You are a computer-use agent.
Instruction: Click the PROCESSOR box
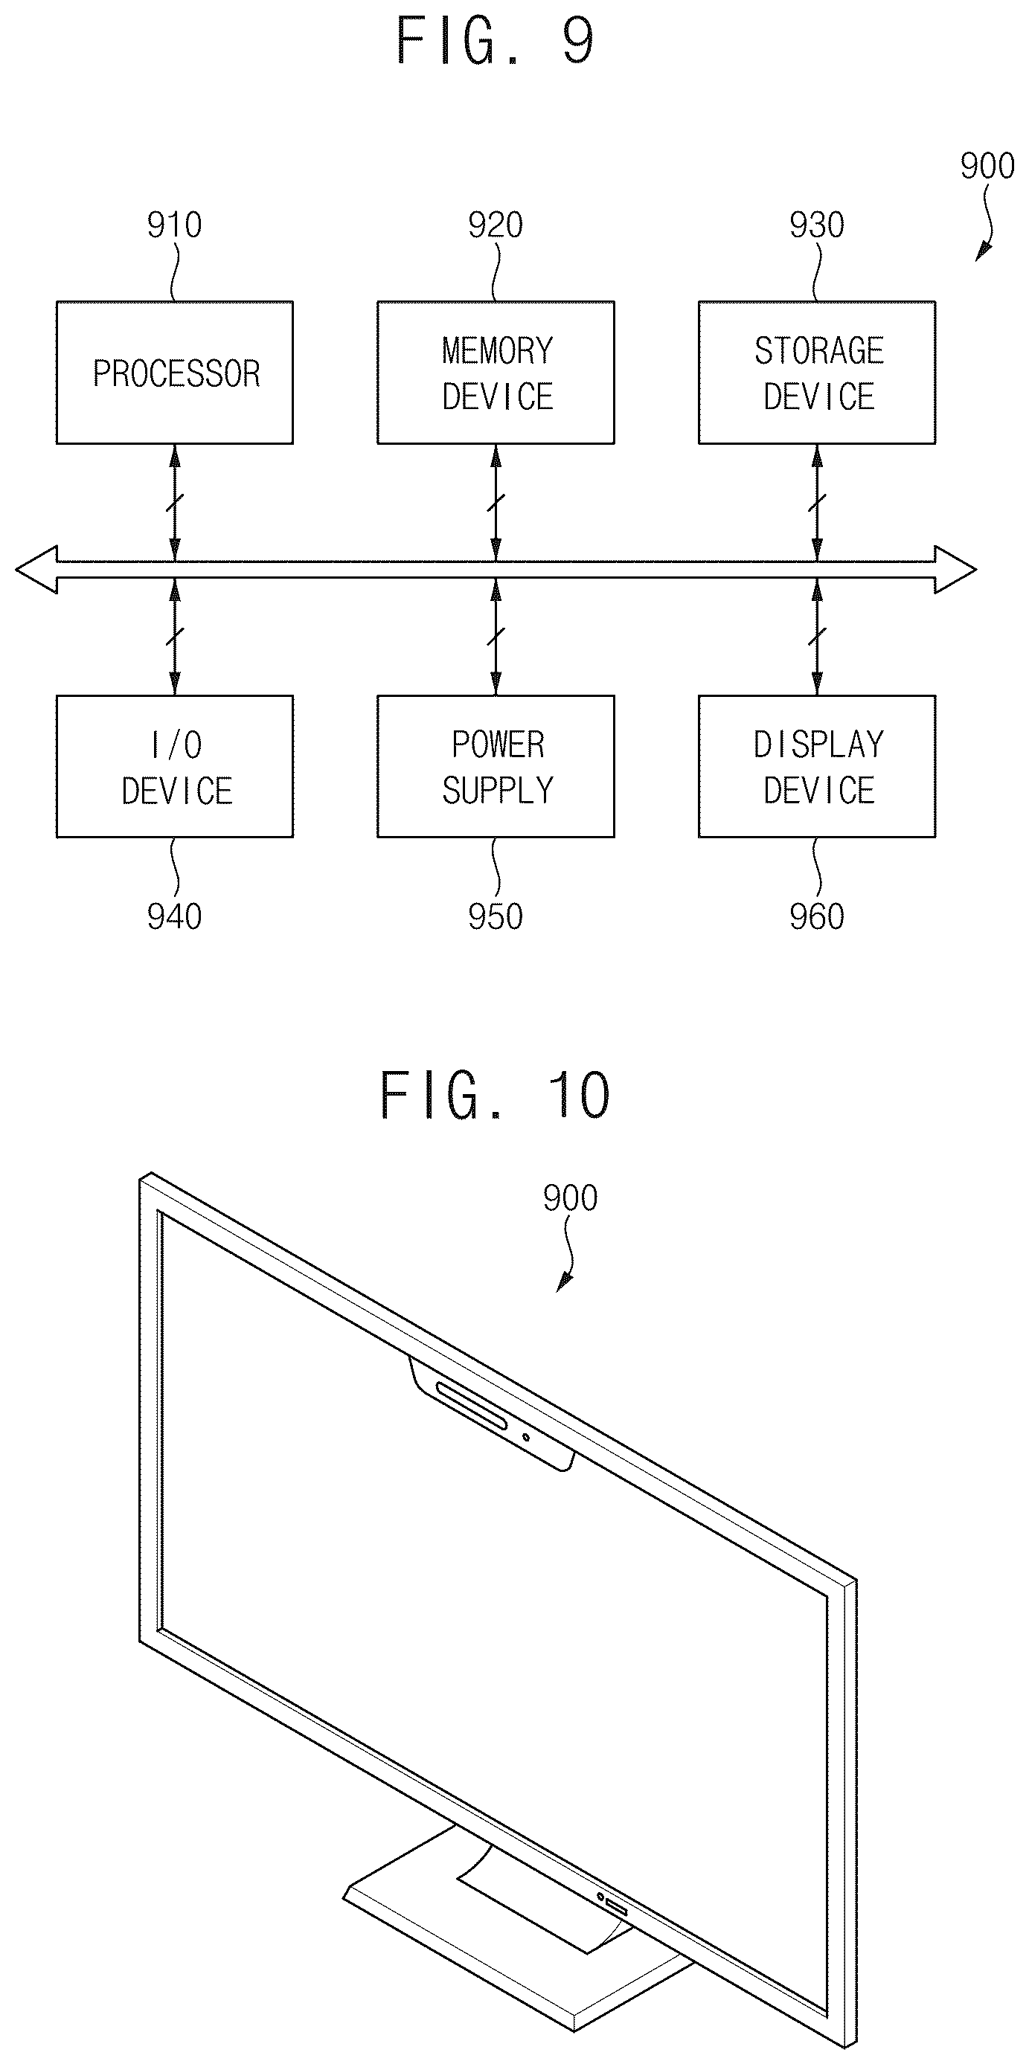coord(175,373)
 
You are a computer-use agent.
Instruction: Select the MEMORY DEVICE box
coord(496,373)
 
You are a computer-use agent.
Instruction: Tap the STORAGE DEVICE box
coord(817,373)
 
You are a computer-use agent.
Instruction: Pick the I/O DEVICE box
coord(175,767)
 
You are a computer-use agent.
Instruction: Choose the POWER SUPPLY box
coord(496,767)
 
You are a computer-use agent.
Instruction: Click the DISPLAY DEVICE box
coord(817,767)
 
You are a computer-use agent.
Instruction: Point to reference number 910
coord(174,225)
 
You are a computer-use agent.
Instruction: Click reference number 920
coord(496,225)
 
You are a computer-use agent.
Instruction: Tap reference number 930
coord(817,225)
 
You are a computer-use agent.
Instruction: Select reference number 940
coord(174,916)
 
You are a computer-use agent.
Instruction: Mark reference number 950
coord(496,916)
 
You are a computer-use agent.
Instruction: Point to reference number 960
coord(817,916)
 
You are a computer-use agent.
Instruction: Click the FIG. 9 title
coord(496,42)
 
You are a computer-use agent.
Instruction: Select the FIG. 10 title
coord(496,1096)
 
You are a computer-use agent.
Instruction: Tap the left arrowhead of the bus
coord(36,570)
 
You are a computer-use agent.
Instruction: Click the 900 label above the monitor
coord(570,1199)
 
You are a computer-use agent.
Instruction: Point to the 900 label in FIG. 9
coord(987,166)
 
